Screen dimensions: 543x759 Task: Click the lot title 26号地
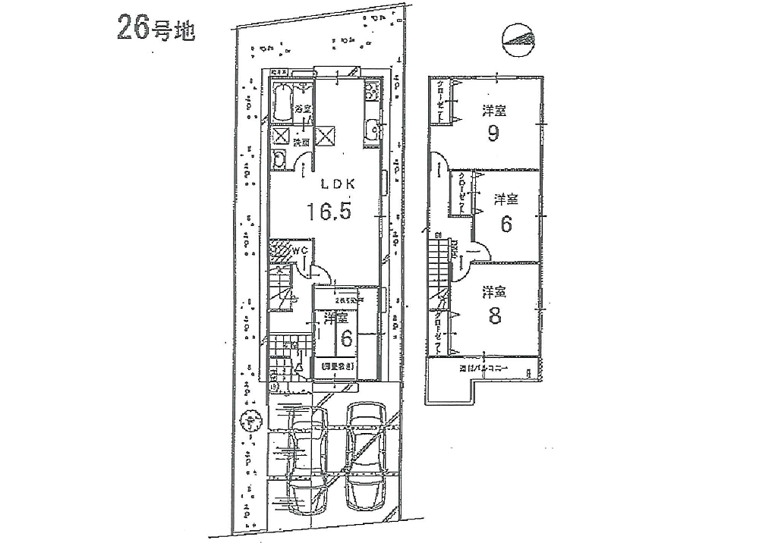point(156,29)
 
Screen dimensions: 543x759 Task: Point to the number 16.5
point(329,212)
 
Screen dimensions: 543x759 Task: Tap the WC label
point(299,250)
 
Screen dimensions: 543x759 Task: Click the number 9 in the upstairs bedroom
point(493,134)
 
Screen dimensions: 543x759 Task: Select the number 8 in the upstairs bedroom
point(495,316)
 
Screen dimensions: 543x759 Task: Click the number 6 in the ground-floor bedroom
point(346,339)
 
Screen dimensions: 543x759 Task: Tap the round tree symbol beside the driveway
point(247,419)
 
